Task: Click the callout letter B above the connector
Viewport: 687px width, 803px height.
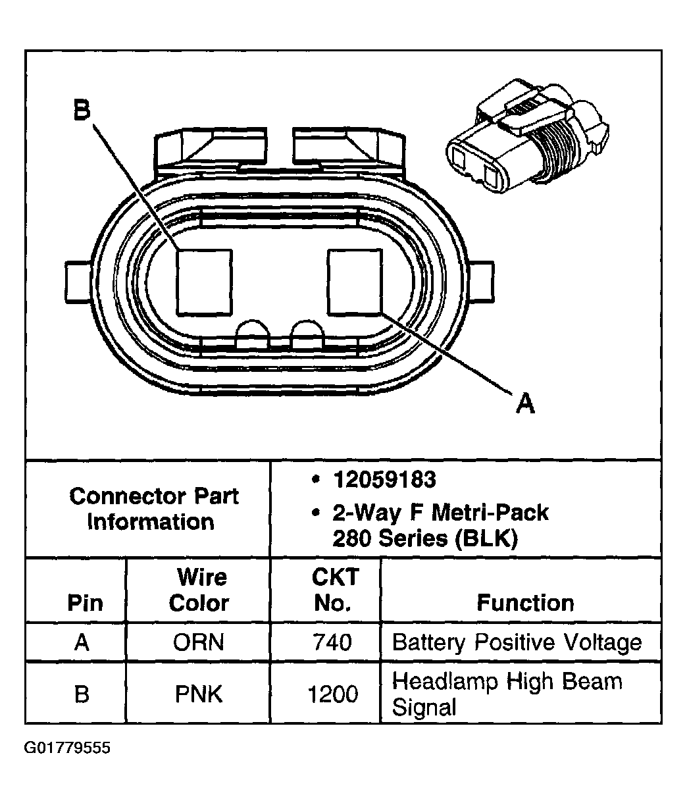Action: tap(81, 110)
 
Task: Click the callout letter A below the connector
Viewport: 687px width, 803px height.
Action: tap(524, 402)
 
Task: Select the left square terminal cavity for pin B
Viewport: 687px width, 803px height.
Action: tap(205, 281)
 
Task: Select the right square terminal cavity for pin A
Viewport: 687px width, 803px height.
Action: tap(355, 281)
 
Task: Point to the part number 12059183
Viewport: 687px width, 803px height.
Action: tap(384, 480)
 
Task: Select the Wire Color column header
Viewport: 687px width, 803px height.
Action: tap(199, 590)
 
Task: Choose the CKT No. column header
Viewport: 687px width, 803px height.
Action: tap(334, 590)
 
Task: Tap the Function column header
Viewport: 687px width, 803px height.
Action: tap(524, 602)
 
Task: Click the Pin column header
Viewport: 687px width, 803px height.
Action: tap(85, 602)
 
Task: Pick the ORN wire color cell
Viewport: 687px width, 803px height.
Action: tap(199, 642)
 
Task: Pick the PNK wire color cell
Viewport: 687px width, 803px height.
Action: tap(199, 694)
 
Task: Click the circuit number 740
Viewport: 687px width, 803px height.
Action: tap(333, 642)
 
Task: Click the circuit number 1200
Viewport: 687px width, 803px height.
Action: tap(333, 694)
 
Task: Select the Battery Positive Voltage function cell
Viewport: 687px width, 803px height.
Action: tap(517, 642)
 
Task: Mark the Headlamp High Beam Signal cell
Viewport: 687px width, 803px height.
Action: tap(507, 694)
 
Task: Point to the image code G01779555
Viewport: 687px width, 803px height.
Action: tap(68, 748)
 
